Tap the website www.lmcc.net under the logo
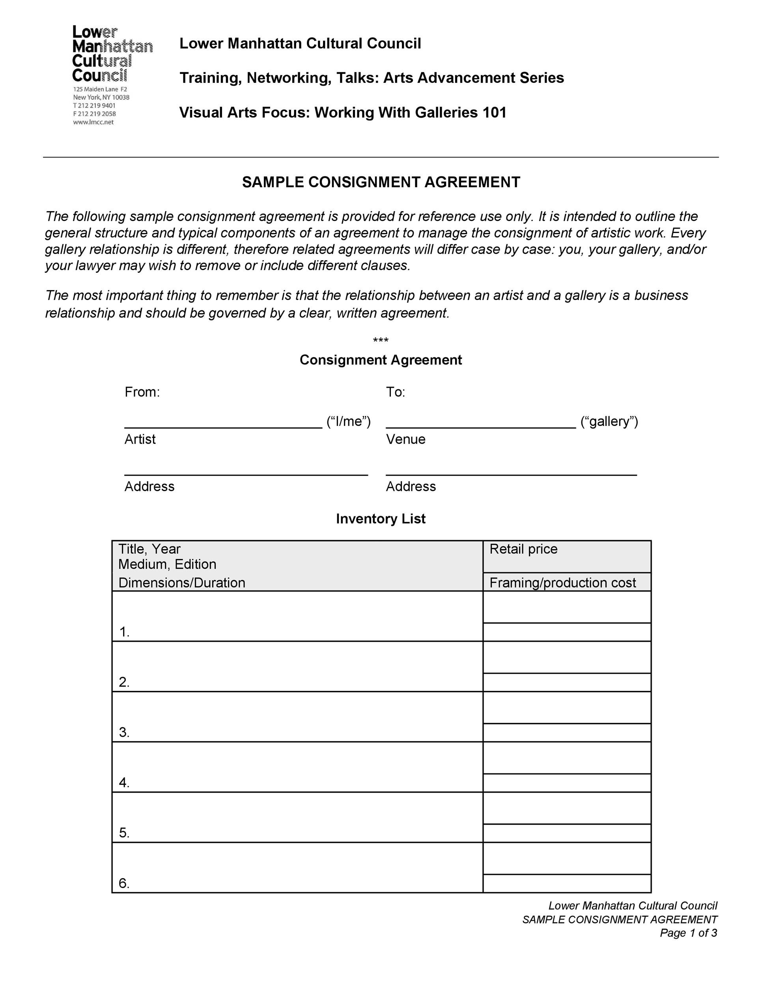click(93, 122)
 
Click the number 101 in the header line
click(494, 113)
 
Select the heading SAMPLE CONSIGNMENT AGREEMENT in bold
click(381, 182)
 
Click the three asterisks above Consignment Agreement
click(381, 340)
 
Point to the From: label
click(142, 392)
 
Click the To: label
click(396, 392)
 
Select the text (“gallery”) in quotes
click(609, 421)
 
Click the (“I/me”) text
click(349, 421)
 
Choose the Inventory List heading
click(381, 518)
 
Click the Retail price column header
click(523, 549)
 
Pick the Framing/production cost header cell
click(562, 583)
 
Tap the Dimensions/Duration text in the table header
click(181, 583)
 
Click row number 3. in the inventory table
click(124, 732)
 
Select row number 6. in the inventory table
click(124, 883)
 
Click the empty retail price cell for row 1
click(566, 607)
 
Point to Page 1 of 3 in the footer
click(688, 933)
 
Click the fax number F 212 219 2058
click(94, 114)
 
